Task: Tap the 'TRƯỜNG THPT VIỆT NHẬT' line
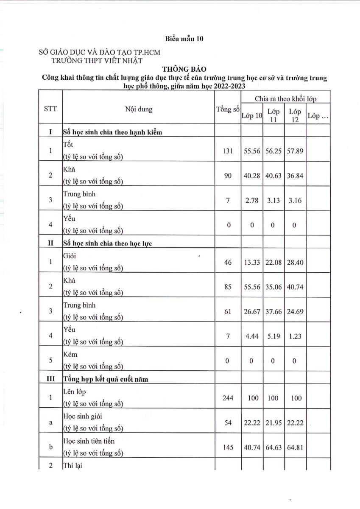[97, 60]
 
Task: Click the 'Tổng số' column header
[228, 109]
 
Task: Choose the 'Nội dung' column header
[139, 109]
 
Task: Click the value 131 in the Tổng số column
[228, 151]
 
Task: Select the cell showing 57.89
[295, 151]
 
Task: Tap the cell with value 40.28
[252, 176]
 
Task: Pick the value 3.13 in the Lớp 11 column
[273, 200]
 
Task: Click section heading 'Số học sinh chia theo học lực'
[107, 243]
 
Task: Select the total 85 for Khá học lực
[228, 287]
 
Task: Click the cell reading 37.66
[273, 311]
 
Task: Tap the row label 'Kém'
[70, 354]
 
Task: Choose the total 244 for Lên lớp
[228, 398]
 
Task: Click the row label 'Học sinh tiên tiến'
[89, 441]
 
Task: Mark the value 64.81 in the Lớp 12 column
[295, 447]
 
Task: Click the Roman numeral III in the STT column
[50, 379]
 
